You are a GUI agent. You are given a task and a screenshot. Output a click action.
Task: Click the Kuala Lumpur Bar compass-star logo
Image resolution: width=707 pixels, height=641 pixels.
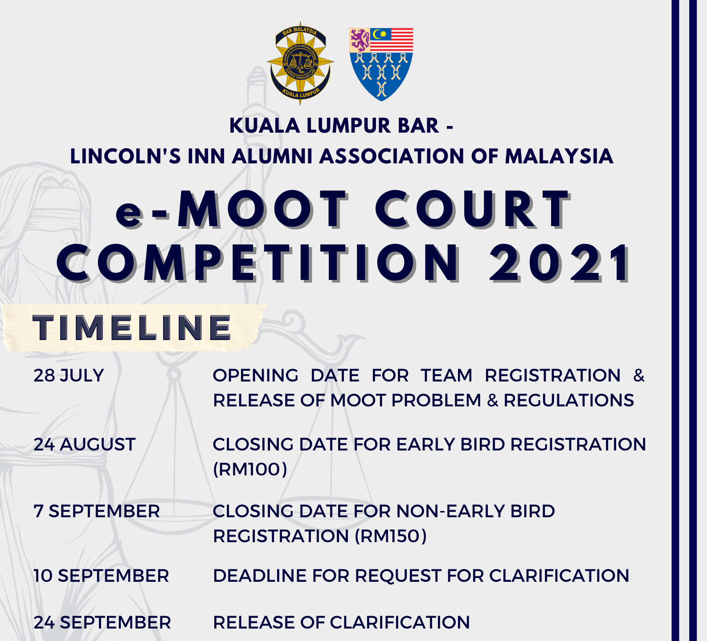tap(300, 63)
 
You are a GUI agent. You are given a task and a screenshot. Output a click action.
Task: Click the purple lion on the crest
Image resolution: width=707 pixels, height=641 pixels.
tap(360, 40)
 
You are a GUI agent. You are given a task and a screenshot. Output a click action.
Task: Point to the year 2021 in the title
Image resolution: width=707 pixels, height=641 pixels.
tap(560, 264)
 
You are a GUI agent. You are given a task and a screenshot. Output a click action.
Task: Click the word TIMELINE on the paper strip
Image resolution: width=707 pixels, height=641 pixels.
tap(132, 328)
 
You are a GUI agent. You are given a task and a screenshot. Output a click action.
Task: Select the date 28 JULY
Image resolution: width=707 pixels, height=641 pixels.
tap(69, 376)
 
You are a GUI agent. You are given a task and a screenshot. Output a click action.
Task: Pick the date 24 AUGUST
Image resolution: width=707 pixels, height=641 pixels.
tap(85, 445)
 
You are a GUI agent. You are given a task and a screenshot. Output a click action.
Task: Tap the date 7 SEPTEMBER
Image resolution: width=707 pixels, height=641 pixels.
tap(97, 511)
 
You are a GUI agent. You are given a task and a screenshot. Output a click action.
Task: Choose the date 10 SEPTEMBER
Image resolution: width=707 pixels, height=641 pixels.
tap(102, 576)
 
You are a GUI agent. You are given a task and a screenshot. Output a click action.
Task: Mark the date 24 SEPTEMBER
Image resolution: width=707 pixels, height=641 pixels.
tap(102, 623)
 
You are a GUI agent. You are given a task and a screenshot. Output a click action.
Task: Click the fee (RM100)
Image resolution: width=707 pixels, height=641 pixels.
tap(250, 469)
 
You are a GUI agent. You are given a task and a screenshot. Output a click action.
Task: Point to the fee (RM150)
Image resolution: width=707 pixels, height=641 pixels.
tap(391, 536)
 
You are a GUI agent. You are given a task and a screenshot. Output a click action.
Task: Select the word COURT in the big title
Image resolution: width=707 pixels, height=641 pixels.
tap(473, 210)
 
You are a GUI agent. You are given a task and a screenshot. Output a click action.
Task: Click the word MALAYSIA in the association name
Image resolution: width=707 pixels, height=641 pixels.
tap(559, 156)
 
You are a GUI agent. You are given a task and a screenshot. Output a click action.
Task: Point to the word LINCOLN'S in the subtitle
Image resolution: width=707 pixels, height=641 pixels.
tap(125, 156)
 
